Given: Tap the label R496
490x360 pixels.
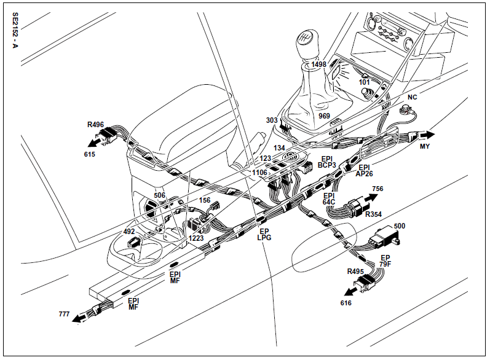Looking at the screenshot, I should [x=95, y=125].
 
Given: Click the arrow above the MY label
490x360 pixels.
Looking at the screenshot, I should [x=427, y=135].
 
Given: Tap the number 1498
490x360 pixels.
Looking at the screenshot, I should [x=319, y=65].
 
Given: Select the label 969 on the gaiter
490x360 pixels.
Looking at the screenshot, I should [x=325, y=116].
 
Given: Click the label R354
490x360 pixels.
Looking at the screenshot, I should [x=374, y=214].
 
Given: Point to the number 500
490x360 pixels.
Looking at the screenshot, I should [x=400, y=226].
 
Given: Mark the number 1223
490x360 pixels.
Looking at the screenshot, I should [x=196, y=238].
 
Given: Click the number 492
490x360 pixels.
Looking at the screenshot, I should [x=129, y=232].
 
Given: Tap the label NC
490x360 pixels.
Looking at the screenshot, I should [x=413, y=98].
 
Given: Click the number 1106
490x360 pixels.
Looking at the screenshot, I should [x=260, y=173].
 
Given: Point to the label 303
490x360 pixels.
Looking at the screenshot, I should [x=272, y=120].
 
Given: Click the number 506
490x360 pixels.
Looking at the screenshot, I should [x=160, y=195].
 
